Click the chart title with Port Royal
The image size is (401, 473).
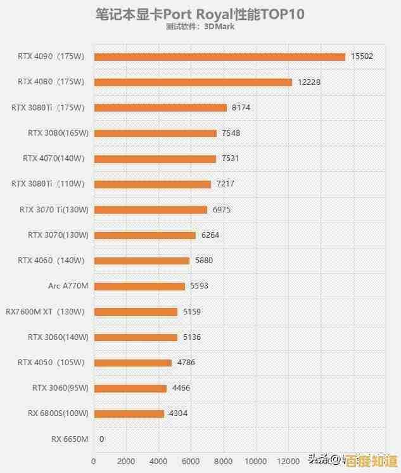pyautogui.click(x=200, y=14)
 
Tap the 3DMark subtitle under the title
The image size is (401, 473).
pyautogui.click(x=200, y=27)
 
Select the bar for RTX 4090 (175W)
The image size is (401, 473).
pyautogui.click(x=219, y=56)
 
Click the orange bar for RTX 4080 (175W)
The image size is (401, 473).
pyautogui.click(x=193, y=82)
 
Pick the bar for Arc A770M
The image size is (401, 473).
pyautogui.click(x=139, y=286)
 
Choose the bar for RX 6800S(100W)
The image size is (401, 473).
pyautogui.click(x=129, y=413)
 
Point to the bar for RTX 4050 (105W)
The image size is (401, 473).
pyautogui.click(x=132, y=363)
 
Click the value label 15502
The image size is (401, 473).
pyautogui.click(x=362, y=56)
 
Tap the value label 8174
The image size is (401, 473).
pyautogui.click(x=241, y=108)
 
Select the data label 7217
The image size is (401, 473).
pyautogui.click(x=226, y=184)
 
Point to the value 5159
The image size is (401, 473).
pyautogui.click(x=192, y=311)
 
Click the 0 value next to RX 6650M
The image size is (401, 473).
pyautogui.click(x=101, y=439)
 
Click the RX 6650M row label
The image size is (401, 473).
pyautogui.click(x=70, y=439)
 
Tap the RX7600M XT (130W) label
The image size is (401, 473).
pyautogui.click(x=45, y=311)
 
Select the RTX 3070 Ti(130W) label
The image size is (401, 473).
pyautogui.click(x=54, y=209)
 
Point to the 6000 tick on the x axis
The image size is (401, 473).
pyautogui.click(x=191, y=461)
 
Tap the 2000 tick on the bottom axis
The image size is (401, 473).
pyautogui.click(x=126, y=461)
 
